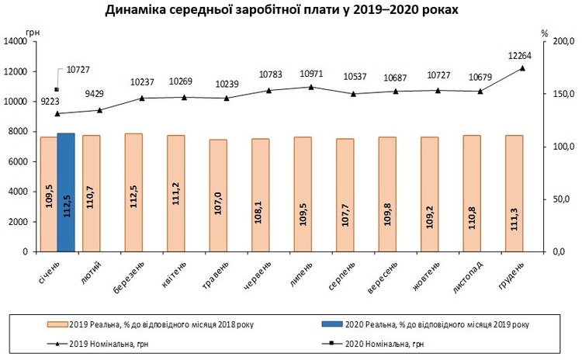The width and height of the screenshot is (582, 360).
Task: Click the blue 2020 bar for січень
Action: (x=66, y=192)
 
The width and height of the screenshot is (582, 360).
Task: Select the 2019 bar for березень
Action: (x=133, y=192)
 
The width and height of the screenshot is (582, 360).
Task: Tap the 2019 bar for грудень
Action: (x=514, y=193)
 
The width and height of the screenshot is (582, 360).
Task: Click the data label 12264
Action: (x=520, y=56)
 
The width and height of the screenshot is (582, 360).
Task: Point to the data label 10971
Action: (x=311, y=74)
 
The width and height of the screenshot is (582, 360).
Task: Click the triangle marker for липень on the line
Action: (x=311, y=87)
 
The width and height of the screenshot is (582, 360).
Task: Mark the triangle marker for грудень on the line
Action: (x=522, y=68)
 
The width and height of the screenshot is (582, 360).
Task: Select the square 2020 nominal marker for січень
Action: (x=57, y=89)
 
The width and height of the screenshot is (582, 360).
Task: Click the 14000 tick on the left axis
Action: (x=16, y=42)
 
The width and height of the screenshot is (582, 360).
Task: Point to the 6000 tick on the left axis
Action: (x=18, y=162)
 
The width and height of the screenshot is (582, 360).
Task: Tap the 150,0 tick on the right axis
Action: (x=560, y=94)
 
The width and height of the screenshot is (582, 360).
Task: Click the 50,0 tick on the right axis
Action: (x=561, y=199)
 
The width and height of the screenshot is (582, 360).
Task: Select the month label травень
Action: (x=215, y=275)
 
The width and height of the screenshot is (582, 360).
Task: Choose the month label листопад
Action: (x=469, y=277)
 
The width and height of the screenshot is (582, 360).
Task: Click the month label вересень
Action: (x=383, y=277)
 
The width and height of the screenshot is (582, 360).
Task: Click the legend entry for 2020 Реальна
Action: (x=425, y=324)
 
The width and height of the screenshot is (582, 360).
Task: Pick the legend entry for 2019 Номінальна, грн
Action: (x=98, y=344)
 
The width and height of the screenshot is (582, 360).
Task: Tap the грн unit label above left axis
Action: (x=33, y=33)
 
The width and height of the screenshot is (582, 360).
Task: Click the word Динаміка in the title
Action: (x=135, y=10)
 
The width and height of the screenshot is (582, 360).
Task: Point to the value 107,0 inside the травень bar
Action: (x=218, y=203)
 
